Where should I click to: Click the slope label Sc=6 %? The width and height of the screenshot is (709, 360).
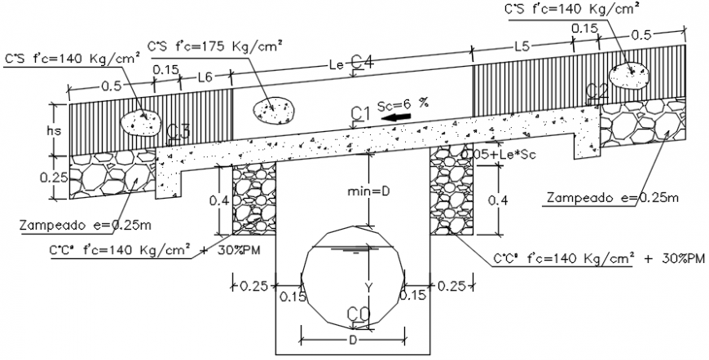401,103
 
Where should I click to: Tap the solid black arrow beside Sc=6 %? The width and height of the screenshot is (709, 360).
396,119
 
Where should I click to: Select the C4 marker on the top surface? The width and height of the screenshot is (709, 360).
362,62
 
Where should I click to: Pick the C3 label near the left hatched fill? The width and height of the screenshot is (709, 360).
178,131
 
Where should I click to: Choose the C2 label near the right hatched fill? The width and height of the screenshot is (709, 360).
597,91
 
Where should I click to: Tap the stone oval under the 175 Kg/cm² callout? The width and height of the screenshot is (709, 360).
272,108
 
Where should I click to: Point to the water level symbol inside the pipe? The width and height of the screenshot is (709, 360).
354,248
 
